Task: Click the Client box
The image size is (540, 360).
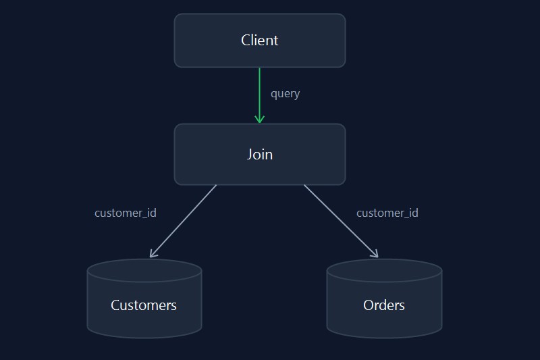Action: pyautogui.click(x=260, y=41)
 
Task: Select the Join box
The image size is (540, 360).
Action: pyautogui.click(x=260, y=155)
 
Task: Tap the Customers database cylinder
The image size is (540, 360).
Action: pyautogui.click(x=144, y=299)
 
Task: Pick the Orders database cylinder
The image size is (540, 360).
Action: pyautogui.click(x=384, y=299)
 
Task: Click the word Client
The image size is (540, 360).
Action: pyautogui.click(x=260, y=41)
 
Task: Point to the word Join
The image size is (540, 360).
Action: pyautogui.click(x=260, y=155)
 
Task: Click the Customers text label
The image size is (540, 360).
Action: pyautogui.click(x=144, y=305)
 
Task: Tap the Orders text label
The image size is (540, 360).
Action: pyautogui.click(x=384, y=305)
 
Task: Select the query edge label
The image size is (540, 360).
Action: pyautogui.click(x=285, y=94)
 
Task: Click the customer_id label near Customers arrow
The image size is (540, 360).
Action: pyautogui.click(x=126, y=213)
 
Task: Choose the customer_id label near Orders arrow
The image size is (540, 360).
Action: pyautogui.click(x=387, y=213)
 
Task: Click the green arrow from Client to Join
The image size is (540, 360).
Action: pyautogui.click(x=260, y=95)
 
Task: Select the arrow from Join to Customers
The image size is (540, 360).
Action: pyautogui.click(x=183, y=221)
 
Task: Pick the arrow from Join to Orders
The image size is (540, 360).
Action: pyautogui.click(x=341, y=221)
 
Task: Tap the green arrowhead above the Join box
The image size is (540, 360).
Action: pyautogui.click(x=260, y=119)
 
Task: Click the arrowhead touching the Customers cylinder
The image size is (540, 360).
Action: pyautogui.click(x=153, y=254)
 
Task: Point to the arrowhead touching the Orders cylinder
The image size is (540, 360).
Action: pyautogui.click(x=375, y=254)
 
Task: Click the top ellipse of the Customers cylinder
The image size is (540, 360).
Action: pyautogui.click(x=144, y=270)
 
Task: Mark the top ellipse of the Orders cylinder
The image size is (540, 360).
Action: pyautogui.click(x=384, y=270)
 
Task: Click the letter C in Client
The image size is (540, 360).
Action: pyautogui.click(x=245, y=41)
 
